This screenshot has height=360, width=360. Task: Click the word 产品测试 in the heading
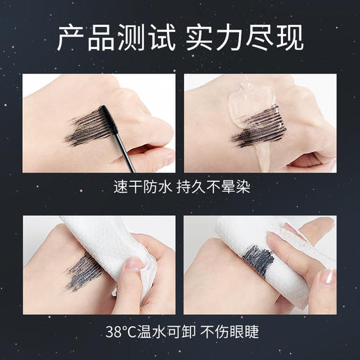[115, 38]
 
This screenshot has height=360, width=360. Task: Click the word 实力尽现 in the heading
[246, 38]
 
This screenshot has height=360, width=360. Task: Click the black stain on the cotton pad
[257, 262]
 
